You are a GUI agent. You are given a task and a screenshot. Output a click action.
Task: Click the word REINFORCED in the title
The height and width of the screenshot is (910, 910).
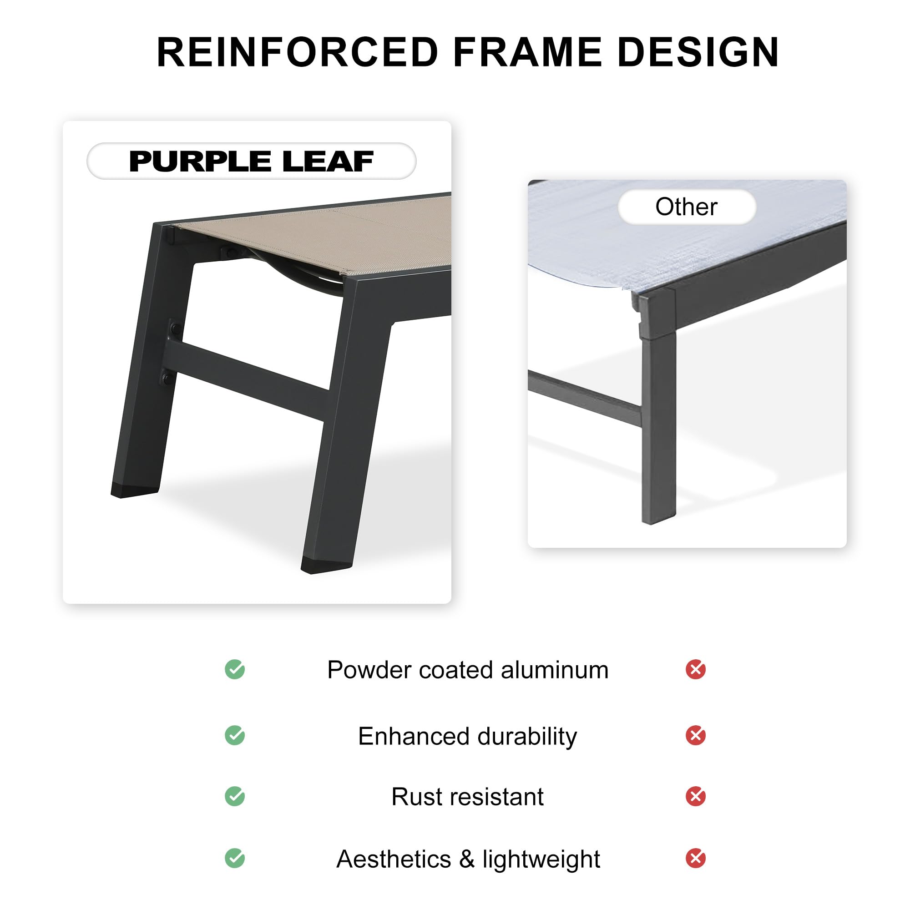click(298, 52)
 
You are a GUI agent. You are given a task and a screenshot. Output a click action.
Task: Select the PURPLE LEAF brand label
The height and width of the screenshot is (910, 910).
click(252, 161)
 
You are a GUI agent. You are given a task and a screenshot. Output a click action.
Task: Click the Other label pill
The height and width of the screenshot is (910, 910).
click(687, 207)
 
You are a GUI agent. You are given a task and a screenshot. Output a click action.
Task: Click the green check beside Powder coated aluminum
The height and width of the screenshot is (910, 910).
click(235, 669)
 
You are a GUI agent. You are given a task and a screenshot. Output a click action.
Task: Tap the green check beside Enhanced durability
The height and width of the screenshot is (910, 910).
click(235, 735)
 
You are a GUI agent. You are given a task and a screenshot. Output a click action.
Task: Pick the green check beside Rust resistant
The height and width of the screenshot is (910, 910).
click(235, 796)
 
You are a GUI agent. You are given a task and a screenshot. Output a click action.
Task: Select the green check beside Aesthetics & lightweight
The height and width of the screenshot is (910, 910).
click(235, 858)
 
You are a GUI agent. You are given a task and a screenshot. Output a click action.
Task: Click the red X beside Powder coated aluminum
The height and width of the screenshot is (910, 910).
click(696, 669)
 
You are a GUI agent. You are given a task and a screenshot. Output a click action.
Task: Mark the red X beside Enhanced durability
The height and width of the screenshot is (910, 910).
click(696, 735)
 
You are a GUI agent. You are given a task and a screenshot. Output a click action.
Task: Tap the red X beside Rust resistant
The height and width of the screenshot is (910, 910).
click(696, 796)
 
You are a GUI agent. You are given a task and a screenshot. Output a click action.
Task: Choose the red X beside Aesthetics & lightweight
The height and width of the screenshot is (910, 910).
click(696, 858)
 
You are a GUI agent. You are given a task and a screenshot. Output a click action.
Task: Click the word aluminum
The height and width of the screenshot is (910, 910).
click(554, 670)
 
